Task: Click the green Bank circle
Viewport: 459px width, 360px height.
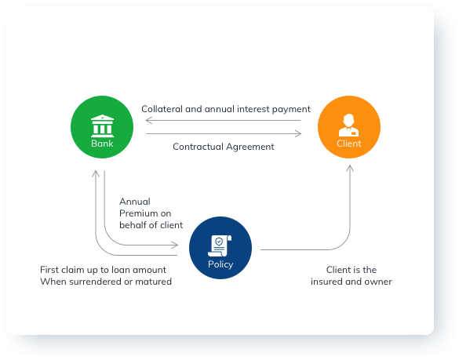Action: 102,127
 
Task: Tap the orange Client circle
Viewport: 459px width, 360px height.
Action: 349,127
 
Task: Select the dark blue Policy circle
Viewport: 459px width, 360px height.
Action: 220,248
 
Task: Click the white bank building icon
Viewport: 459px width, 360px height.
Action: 102,125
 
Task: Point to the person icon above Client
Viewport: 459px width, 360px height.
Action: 349,125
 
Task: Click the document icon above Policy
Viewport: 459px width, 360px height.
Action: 220,245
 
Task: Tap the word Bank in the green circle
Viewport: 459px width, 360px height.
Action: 102,144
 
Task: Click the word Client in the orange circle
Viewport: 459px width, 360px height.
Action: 349,144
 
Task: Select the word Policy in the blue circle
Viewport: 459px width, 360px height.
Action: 220,264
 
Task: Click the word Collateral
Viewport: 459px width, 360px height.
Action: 162,109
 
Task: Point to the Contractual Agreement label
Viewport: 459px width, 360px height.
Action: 224,147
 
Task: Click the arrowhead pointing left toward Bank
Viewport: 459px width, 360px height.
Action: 149,120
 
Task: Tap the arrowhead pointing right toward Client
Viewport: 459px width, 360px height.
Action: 298,133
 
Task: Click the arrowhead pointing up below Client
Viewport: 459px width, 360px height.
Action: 350,168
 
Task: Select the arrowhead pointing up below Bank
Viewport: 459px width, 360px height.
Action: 96,173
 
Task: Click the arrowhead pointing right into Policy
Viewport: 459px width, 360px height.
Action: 175,245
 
